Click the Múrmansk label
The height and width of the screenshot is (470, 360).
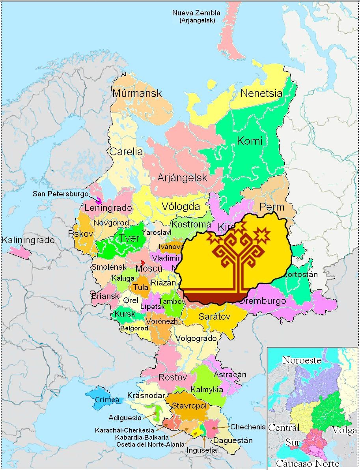137,93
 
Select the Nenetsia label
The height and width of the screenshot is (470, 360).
261,93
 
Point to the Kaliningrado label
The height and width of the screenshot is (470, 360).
28,240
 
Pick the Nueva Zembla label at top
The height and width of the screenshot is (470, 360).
196,13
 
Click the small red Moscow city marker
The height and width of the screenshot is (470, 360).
143,262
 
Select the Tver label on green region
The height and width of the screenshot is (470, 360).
129,238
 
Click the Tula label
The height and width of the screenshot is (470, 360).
141,287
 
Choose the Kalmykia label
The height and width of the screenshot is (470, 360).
207,390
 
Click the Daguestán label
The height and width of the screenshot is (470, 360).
233,440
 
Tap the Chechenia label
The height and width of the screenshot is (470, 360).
248,427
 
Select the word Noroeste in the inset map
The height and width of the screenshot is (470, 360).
301,360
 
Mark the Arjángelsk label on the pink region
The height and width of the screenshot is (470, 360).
182,178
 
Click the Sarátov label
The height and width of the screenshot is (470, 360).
214,316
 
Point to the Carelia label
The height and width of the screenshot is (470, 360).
126,151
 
